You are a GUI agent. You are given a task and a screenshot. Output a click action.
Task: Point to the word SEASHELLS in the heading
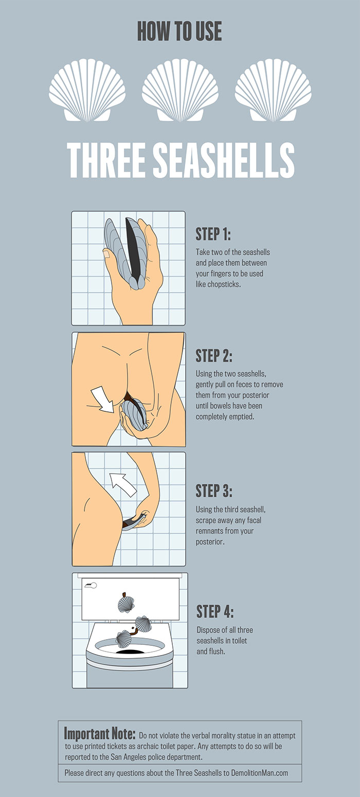pyautogui.click(x=224, y=160)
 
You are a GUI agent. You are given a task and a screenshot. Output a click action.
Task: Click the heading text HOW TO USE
pyautogui.click(x=179, y=31)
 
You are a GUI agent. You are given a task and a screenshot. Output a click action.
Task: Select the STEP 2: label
pyautogui.click(x=214, y=355)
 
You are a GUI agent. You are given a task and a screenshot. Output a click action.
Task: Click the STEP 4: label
pyautogui.click(x=215, y=611)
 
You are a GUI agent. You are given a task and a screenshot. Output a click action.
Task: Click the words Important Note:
pyautogui.click(x=100, y=733)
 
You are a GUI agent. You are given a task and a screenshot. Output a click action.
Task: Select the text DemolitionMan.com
pyautogui.click(x=259, y=772)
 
